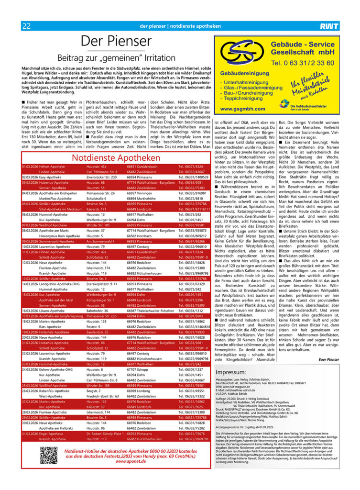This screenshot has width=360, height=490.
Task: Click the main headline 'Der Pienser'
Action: click(x=116, y=42)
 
